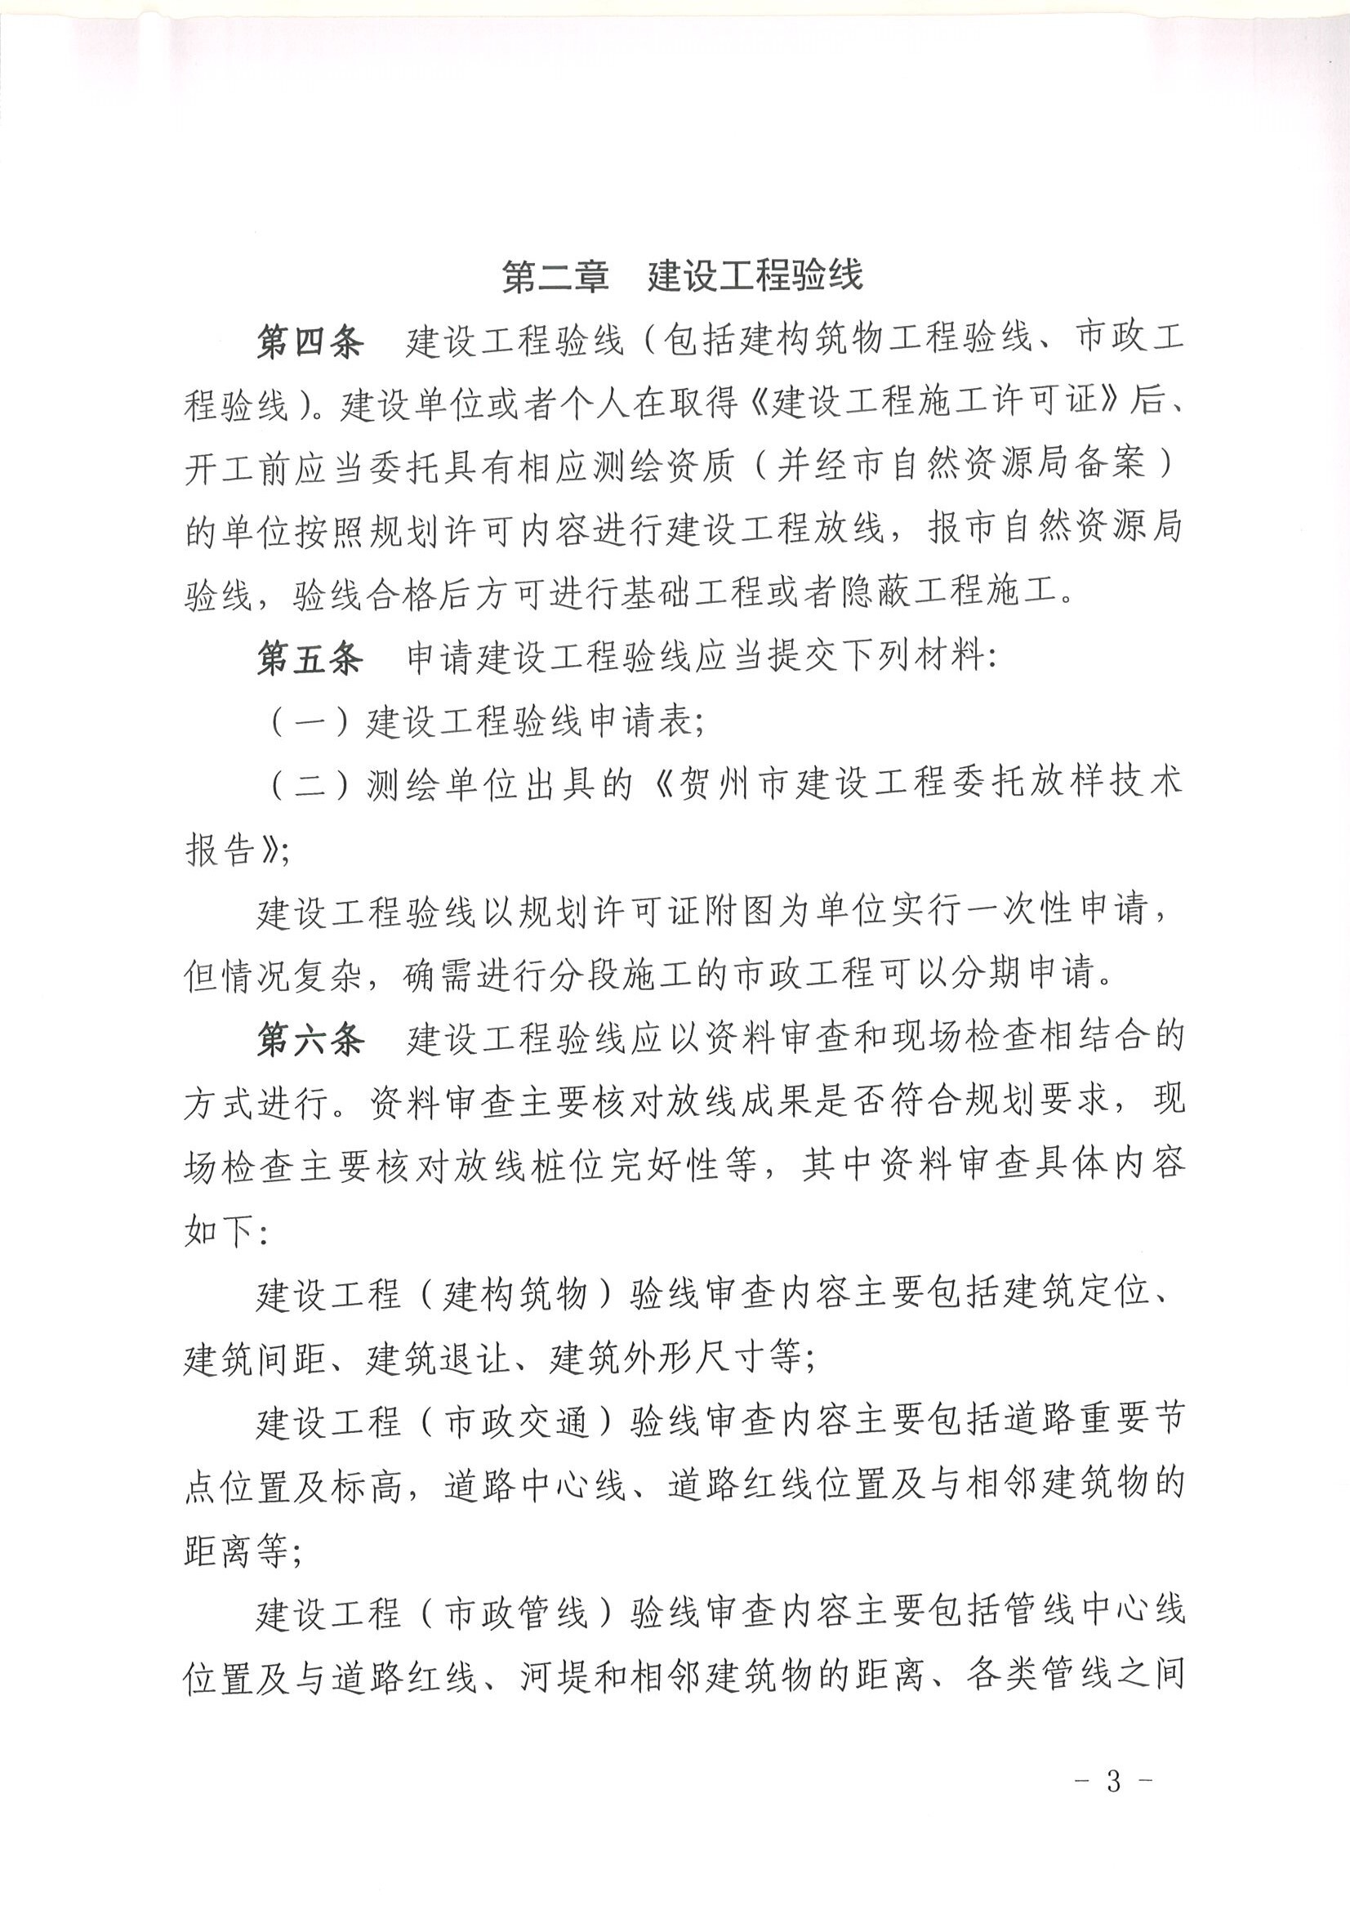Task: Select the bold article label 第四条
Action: coord(310,342)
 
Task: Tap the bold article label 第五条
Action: coord(310,658)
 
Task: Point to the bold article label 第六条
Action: coord(310,1040)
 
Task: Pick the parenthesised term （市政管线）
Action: coord(516,1613)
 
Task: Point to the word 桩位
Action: coord(573,1167)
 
